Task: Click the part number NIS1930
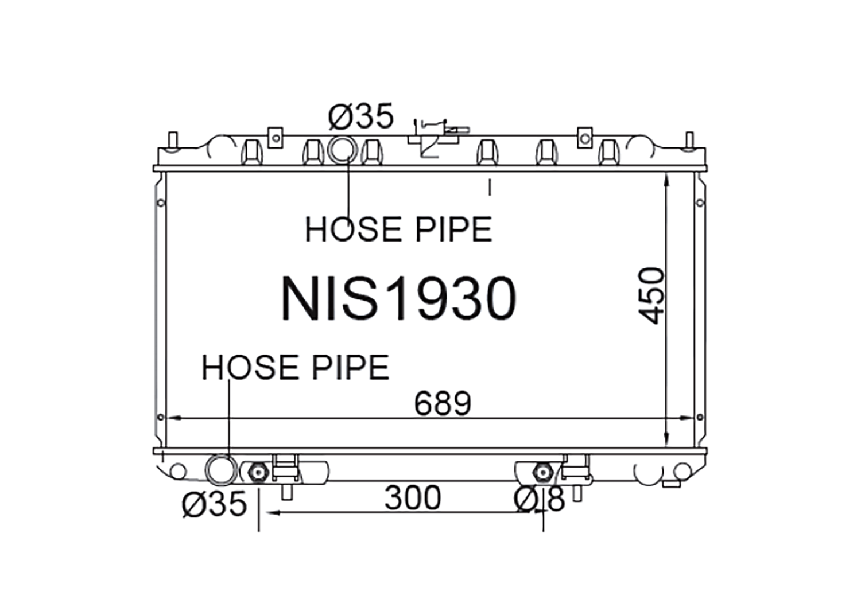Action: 399,298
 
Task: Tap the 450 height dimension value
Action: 651,296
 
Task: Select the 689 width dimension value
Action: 443,404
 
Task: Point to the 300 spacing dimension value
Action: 413,498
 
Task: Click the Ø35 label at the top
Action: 361,116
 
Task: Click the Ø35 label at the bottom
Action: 214,504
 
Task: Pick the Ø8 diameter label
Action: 540,500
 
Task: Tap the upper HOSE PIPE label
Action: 398,229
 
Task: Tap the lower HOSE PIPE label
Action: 296,367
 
